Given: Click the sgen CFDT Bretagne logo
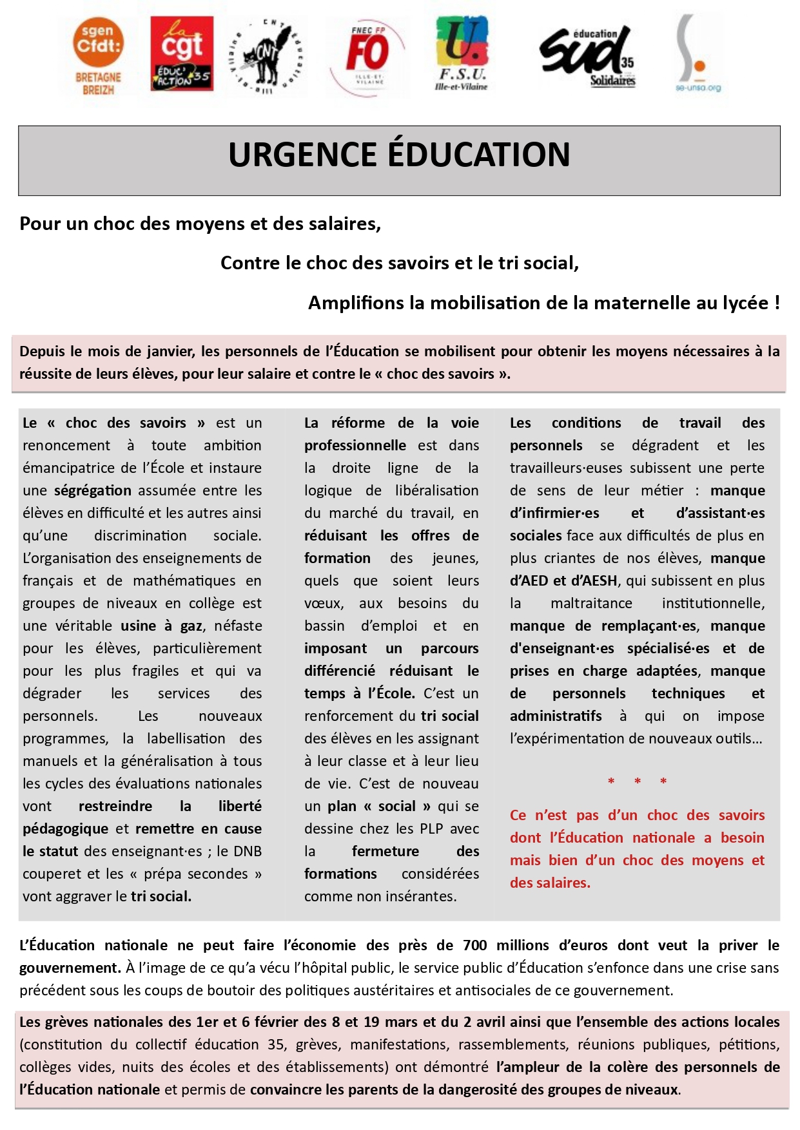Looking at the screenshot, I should point(98,56).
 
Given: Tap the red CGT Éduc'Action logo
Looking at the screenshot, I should point(182,53).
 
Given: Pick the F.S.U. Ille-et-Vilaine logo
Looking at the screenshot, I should point(461,53).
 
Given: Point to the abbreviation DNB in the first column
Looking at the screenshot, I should point(247,851).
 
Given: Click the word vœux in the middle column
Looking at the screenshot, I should point(324,604).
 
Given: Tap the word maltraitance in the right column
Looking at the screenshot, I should point(591,603).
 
